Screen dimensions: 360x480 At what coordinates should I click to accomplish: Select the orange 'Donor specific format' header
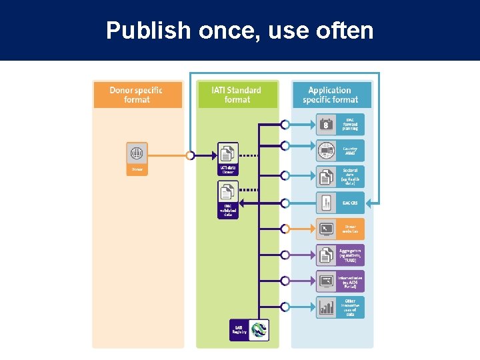(x=137, y=95)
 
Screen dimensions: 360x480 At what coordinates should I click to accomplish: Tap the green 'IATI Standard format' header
(x=237, y=95)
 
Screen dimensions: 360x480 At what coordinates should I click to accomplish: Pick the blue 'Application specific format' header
(x=331, y=95)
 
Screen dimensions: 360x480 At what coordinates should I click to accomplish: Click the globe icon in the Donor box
(x=137, y=153)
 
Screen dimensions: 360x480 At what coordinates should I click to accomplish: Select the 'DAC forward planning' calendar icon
(x=326, y=124)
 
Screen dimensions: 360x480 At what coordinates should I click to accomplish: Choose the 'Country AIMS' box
(x=340, y=151)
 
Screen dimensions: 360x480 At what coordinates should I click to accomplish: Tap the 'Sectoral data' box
(x=340, y=177)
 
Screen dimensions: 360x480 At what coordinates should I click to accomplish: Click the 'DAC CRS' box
(x=340, y=203)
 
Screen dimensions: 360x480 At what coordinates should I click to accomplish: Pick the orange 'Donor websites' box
(x=340, y=229)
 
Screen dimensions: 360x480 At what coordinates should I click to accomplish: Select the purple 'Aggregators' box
(x=340, y=255)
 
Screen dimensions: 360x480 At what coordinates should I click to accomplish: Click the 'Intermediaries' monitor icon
(x=326, y=281)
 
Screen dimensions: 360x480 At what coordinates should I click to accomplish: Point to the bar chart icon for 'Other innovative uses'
(x=326, y=307)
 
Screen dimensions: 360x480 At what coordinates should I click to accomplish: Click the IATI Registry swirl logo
(x=258, y=329)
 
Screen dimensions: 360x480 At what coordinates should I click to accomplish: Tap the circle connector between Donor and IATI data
(x=190, y=155)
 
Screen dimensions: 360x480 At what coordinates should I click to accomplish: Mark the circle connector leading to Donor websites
(x=285, y=229)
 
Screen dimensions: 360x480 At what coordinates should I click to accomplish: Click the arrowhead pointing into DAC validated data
(x=243, y=203)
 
